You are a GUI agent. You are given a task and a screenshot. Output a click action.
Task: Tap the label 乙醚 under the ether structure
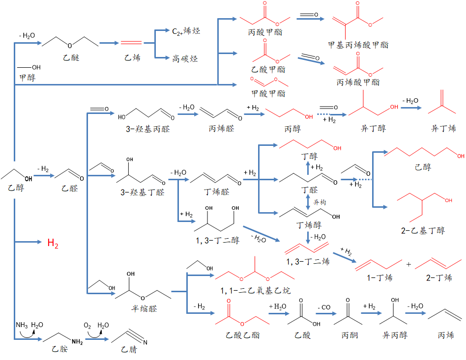tap(71, 58)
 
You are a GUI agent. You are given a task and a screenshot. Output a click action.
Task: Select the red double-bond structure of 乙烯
tap(131, 43)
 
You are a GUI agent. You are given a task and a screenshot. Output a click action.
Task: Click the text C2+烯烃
tap(186, 31)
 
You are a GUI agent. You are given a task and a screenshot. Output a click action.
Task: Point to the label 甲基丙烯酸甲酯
tap(358, 45)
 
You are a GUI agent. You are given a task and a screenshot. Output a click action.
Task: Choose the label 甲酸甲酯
tap(268, 93)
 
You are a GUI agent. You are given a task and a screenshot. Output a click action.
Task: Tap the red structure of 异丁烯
tap(443, 104)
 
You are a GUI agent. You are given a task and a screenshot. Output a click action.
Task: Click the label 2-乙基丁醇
tap(423, 230)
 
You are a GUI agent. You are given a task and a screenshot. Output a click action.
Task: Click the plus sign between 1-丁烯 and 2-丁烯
tap(409, 264)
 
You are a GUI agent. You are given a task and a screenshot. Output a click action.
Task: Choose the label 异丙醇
tap(395, 335)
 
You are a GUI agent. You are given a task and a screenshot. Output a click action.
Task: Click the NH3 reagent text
tap(22, 325)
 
